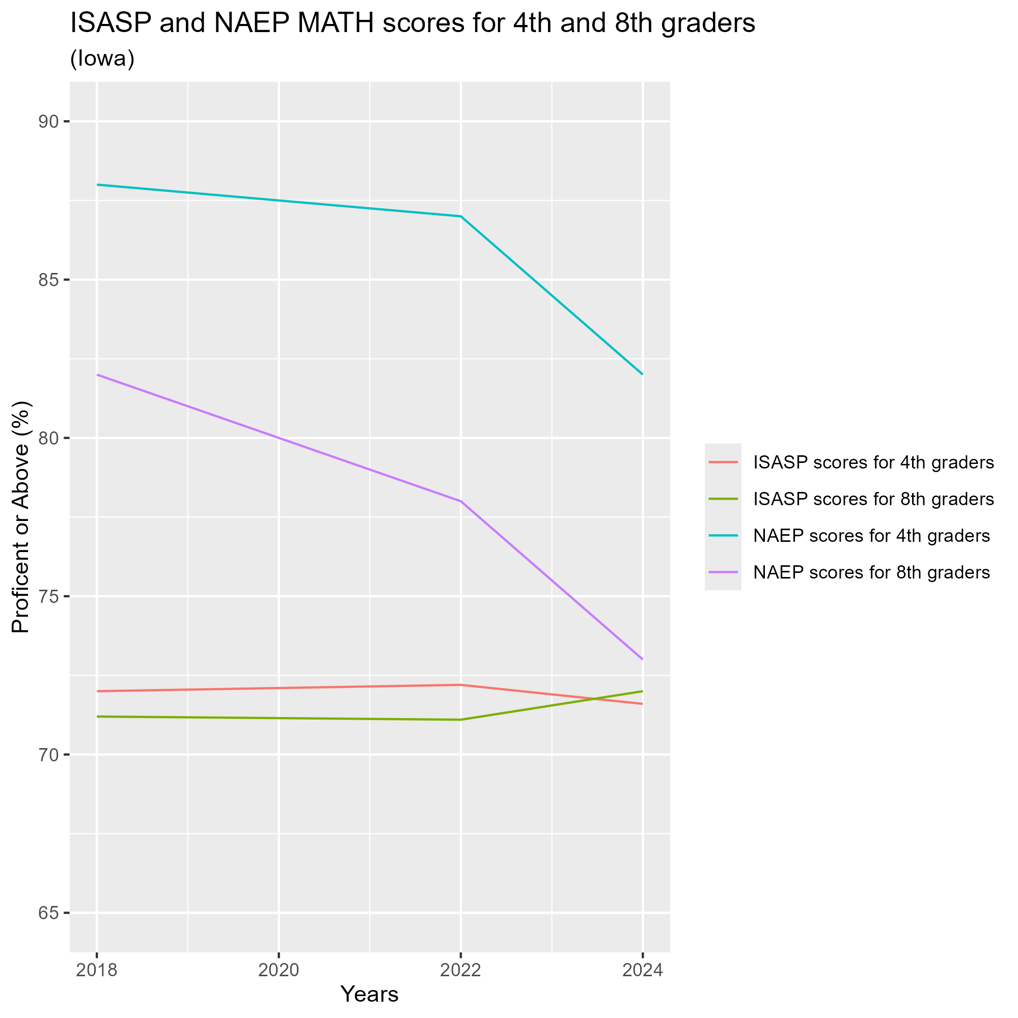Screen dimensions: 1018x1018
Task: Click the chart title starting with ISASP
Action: [413, 24]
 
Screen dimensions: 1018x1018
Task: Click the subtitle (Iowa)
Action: [102, 59]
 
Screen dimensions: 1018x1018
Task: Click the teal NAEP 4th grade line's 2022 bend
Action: [460, 216]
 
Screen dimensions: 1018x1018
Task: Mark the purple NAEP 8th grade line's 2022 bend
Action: [460, 501]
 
